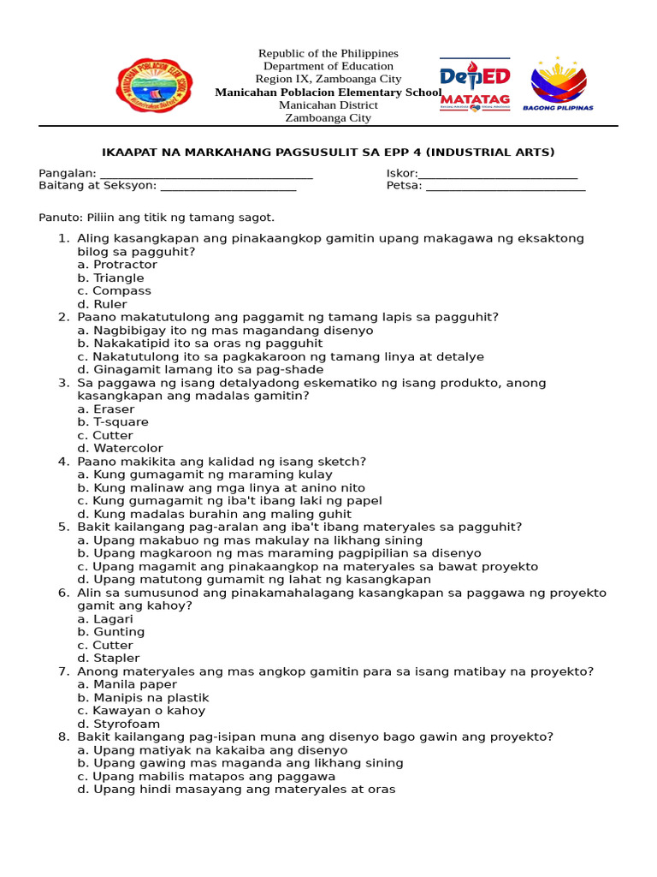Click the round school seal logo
[x=154, y=85]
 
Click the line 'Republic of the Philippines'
[x=328, y=53]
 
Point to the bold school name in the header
[x=328, y=92]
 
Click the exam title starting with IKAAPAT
[x=328, y=152]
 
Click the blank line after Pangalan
[x=206, y=174]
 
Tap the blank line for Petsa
[x=506, y=186]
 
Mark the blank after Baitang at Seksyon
[x=228, y=186]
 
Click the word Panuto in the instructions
[x=58, y=218]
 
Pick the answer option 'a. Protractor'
[x=117, y=265]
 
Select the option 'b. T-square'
[x=113, y=422]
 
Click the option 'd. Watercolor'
[x=120, y=448]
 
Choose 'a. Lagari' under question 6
[x=105, y=618]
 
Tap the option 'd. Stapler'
[x=109, y=658]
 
